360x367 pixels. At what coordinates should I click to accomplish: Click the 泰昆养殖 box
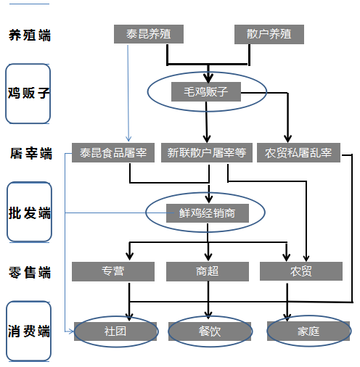click(x=149, y=34)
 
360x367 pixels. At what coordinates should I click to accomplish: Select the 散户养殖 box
click(x=269, y=34)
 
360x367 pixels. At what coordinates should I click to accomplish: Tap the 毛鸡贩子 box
click(x=206, y=91)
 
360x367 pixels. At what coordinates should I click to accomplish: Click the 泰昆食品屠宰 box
click(x=113, y=152)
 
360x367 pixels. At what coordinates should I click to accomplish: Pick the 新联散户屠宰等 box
click(x=207, y=152)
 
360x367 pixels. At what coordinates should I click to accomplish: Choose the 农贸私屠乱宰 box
click(x=298, y=152)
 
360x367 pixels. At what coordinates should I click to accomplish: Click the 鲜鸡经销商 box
click(x=208, y=213)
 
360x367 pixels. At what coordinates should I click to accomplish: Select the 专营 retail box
click(x=113, y=271)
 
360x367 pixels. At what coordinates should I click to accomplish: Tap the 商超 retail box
click(x=208, y=271)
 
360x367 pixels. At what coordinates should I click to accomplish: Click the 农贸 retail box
click(x=301, y=271)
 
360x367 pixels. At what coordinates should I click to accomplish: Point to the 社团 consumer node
click(x=115, y=331)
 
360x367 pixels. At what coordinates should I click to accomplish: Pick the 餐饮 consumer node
click(x=210, y=331)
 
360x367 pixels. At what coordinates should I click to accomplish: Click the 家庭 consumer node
click(x=308, y=331)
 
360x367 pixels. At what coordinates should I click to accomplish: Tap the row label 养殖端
click(x=30, y=36)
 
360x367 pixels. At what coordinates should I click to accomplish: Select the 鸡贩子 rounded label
click(x=28, y=94)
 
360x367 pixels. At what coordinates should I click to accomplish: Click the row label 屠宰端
click(x=31, y=153)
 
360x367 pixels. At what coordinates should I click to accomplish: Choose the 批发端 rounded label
click(x=29, y=212)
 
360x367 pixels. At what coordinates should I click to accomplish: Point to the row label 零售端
click(x=30, y=273)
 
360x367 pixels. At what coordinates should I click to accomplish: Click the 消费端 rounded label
click(x=28, y=331)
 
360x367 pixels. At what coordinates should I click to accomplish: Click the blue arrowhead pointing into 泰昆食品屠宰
click(x=128, y=139)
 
